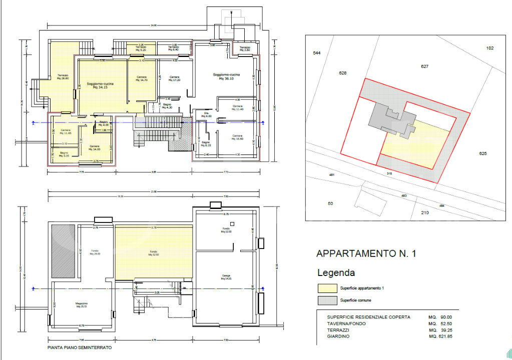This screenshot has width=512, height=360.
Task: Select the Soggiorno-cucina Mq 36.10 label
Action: [226, 76]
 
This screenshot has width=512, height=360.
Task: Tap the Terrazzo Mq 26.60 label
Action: [63, 77]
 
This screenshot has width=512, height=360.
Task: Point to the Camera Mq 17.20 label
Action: [174, 78]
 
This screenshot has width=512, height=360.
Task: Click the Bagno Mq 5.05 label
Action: [64, 154]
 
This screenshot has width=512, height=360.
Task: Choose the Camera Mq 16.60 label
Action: [237, 137]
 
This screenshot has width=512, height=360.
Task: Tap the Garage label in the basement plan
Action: [226, 276]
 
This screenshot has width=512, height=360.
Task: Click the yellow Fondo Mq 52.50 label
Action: [153, 253]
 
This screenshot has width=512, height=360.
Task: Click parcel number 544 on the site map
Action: [316, 53]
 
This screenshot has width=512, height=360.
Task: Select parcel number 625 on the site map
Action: [482, 153]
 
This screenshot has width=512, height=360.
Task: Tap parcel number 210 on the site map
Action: [424, 213]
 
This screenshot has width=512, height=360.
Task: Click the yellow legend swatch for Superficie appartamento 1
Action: [327, 288]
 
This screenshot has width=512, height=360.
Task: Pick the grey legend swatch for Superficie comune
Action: [327, 300]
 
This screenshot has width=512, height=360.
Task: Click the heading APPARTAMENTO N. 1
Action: [366, 253]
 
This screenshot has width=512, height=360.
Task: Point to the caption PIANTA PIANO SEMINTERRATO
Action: [79, 347]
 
